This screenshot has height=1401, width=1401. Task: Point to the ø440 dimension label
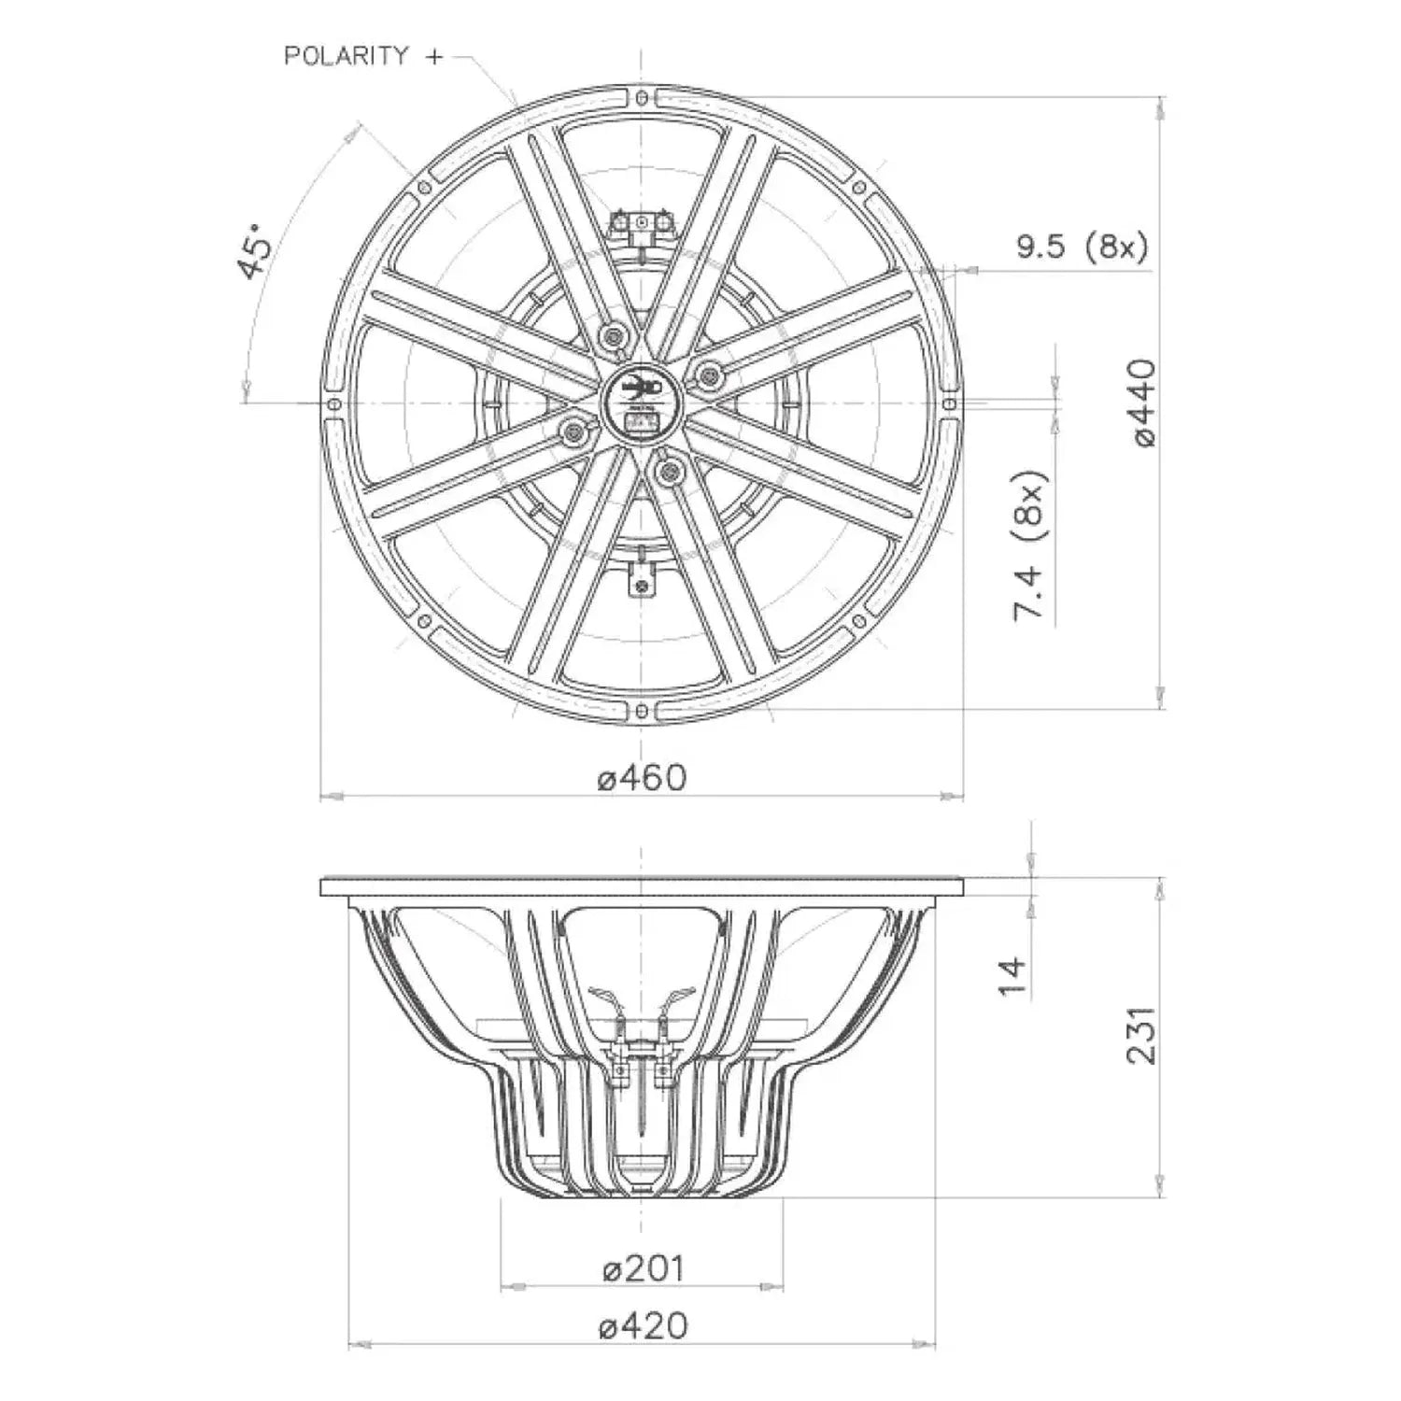tap(1145, 403)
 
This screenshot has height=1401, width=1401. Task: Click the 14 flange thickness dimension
tap(1012, 976)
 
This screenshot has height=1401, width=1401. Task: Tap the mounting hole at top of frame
tap(641, 97)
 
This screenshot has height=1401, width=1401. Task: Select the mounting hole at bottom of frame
tap(641, 712)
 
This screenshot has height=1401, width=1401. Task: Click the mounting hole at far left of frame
tap(333, 403)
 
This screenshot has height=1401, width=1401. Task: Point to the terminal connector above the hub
tap(641, 224)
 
